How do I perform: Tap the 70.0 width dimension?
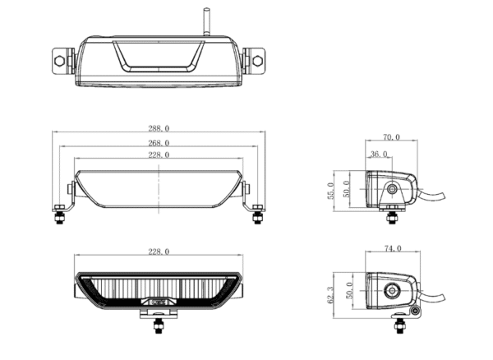tap(391, 137)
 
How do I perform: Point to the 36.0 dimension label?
tap(380, 154)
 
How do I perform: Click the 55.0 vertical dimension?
tap(331, 191)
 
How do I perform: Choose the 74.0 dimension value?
tap(392, 247)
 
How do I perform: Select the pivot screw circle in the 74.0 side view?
tap(389, 290)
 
